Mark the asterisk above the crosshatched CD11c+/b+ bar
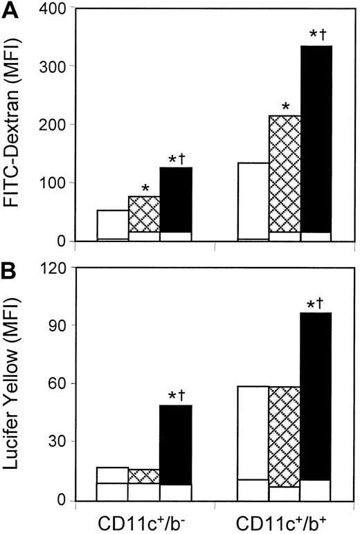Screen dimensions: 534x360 (x=285, y=107)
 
